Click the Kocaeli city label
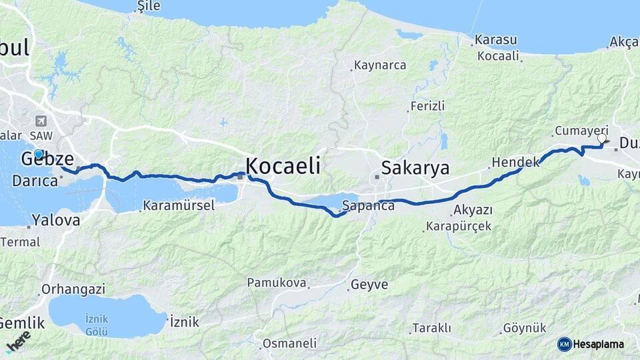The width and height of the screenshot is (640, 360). [283, 165]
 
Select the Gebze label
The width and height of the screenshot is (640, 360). [46, 159]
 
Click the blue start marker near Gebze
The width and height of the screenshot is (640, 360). [39, 154]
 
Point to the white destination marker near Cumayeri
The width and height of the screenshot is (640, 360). [602, 138]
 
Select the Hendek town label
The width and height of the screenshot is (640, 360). [515, 162]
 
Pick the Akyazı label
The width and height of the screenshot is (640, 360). [473, 210]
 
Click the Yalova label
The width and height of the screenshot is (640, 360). [56, 220]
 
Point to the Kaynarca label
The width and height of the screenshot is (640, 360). [380, 66]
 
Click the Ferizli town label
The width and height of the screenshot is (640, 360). [427, 107]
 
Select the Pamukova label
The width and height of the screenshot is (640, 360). [277, 283]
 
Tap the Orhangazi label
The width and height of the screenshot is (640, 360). [73, 289]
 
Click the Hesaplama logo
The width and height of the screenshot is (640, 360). [591, 344]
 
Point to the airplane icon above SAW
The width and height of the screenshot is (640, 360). [42, 121]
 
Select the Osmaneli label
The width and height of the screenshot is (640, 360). [289, 343]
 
